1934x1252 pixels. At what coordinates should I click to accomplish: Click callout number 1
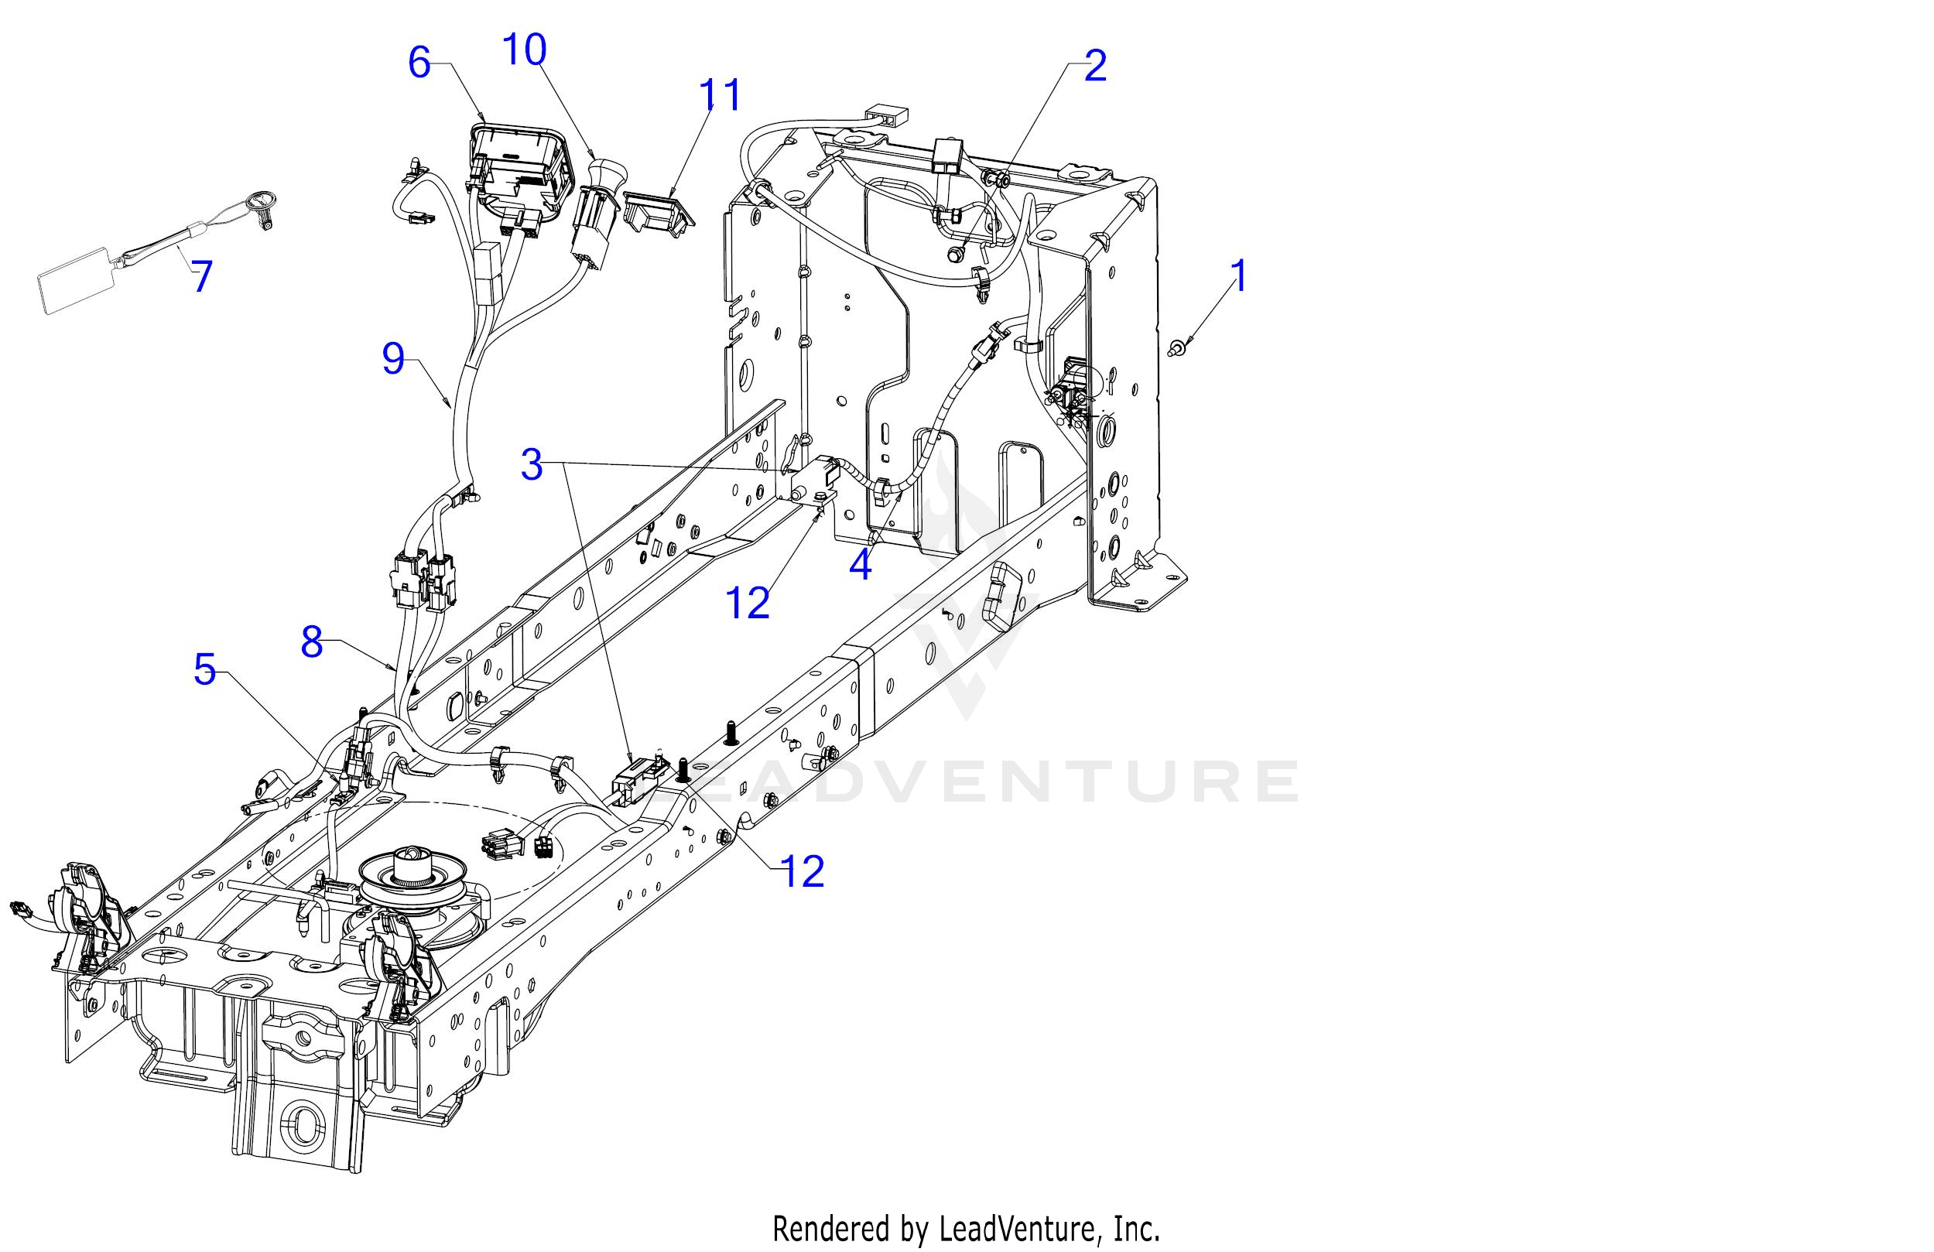point(1238,276)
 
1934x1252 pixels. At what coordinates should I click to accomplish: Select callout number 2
point(1094,65)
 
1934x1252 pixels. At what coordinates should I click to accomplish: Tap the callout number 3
point(532,464)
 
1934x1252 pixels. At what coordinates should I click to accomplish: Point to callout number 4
point(860,564)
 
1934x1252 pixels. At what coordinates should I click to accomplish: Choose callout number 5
point(205,669)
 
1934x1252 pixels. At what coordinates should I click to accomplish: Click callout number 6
point(419,63)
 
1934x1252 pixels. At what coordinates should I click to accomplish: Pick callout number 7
point(201,277)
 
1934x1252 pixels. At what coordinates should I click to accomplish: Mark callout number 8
point(312,641)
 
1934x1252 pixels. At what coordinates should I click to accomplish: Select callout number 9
point(393,358)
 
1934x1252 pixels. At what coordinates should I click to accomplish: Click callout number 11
point(720,95)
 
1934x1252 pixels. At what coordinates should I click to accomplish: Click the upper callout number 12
point(748,604)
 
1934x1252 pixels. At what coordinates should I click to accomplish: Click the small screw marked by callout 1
point(1176,347)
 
